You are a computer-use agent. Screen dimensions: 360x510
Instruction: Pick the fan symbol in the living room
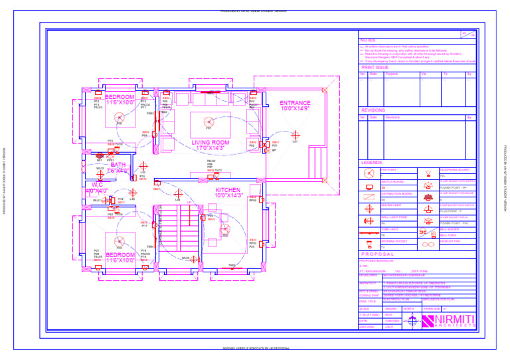(x=209, y=122)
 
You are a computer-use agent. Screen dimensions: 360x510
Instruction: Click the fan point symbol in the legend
(x=369, y=173)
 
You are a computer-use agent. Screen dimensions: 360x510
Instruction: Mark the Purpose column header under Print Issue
(x=392, y=74)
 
